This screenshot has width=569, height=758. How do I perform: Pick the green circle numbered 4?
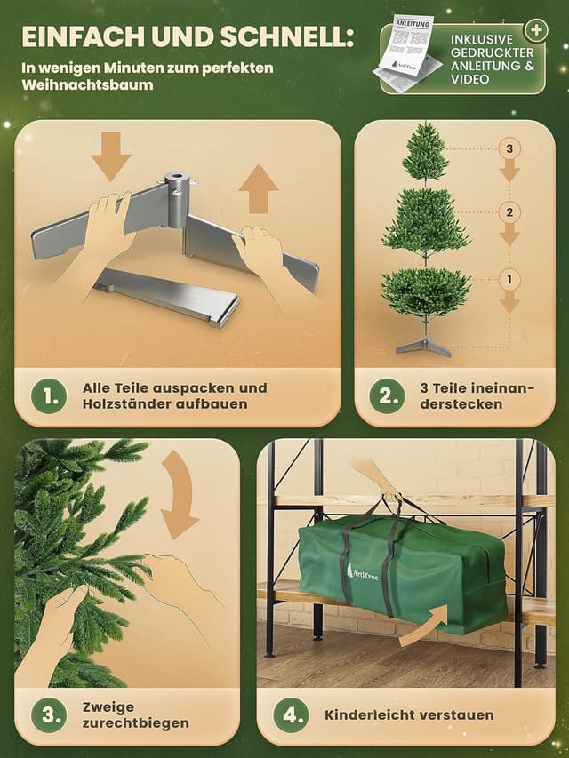tap(292, 714)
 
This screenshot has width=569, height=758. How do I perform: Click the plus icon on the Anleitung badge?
tap(535, 30)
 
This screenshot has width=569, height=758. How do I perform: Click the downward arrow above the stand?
tap(110, 156)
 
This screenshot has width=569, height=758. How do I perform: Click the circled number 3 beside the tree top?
tap(509, 148)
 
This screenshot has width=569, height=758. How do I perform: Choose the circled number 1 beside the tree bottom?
tap(509, 279)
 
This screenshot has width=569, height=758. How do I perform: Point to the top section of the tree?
tap(425, 154)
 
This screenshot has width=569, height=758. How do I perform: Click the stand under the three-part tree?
tap(424, 345)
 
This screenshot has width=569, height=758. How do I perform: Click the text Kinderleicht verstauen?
tap(409, 714)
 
